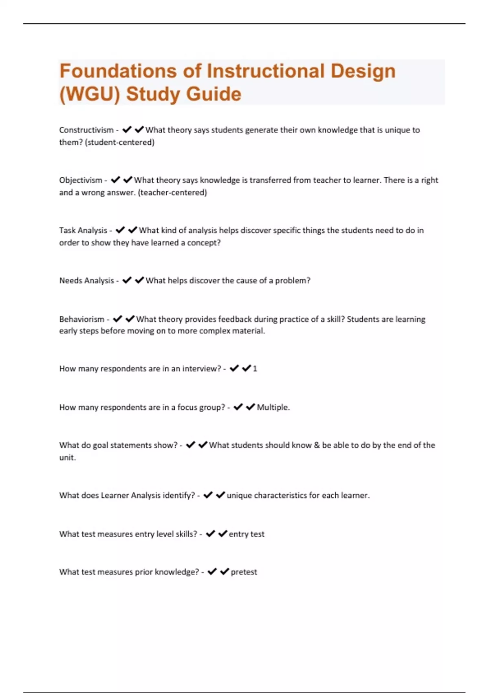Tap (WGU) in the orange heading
tap(90, 94)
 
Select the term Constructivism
tap(86, 130)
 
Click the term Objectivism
tap(81, 180)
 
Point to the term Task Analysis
tap(83, 230)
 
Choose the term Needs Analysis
tap(86, 280)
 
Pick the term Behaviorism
tap(81, 319)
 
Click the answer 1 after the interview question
tap(255, 369)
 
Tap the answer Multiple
tap(273, 407)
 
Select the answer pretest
tap(244, 572)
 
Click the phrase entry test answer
tap(247, 534)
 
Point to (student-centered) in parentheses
tap(119, 142)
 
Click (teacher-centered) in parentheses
tap(172, 192)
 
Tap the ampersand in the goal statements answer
tap(317, 445)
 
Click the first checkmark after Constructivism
tap(127, 130)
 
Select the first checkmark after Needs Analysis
tap(127, 280)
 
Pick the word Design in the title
tap(363, 71)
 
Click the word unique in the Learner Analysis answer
tap(239, 495)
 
